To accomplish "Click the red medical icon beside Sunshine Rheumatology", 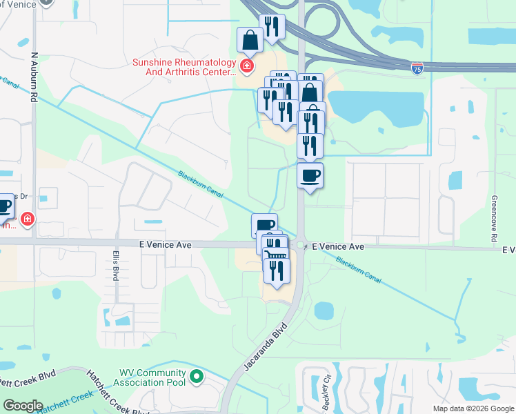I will (x=246, y=66).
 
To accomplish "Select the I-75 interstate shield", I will (x=417, y=68).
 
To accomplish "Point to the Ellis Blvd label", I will (x=115, y=264).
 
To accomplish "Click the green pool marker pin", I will (x=197, y=377).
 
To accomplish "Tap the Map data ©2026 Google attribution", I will (x=473, y=408).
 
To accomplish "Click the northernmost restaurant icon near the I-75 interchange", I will (x=272, y=26).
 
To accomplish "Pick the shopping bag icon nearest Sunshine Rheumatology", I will (x=249, y=40).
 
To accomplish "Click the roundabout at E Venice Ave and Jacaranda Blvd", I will (x=300, y=245).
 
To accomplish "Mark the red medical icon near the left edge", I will (x=27, y=219).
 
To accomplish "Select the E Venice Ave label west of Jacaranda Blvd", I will (x=164, y=244).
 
